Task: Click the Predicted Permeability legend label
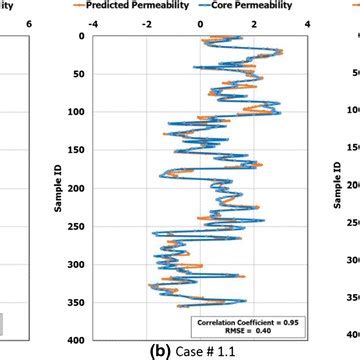pos(152,4)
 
